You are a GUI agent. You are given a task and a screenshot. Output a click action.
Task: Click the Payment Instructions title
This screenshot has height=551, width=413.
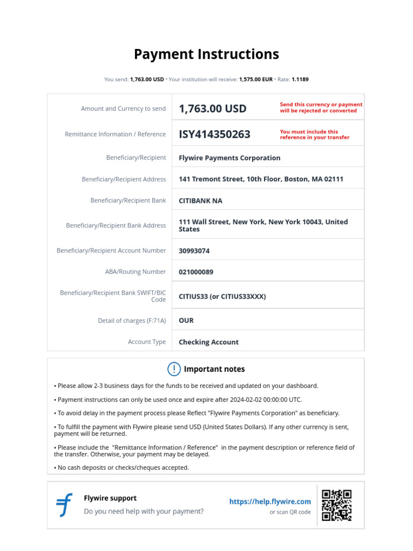tap(206, 54)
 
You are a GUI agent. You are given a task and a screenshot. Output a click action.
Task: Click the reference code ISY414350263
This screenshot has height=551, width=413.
tap(215, 135)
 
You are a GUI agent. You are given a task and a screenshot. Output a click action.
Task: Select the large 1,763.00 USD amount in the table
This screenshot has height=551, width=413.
tap(212, 109)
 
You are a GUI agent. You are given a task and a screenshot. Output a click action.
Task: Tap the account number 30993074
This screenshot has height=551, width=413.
tap(194, 251)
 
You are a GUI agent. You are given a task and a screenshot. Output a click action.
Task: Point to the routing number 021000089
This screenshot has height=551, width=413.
tap(196, 272)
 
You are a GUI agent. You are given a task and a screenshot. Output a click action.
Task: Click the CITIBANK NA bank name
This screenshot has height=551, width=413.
tap(200, 201)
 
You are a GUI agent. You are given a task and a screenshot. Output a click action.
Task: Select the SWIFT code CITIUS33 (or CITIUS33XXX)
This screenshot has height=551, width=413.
tap(222, 296)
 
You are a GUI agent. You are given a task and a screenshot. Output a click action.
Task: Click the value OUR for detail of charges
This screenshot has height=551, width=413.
tap(186, 321)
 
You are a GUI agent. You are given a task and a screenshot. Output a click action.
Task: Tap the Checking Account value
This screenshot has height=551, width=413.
tap(209, 342)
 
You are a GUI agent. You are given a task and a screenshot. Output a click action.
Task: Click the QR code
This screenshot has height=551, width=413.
tap(337, 505)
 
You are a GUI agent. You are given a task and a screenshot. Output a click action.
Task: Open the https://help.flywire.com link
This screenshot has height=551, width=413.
tap(270, 501)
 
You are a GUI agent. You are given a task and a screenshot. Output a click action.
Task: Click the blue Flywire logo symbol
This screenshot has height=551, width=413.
tap(65, 505)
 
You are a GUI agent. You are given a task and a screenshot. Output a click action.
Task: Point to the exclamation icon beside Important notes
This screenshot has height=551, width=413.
tap(174, 369)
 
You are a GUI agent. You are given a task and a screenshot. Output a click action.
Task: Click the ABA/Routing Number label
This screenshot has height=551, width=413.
tap(136, 272)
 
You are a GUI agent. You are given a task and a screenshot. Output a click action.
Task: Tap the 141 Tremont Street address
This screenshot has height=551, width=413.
tap(261, 179)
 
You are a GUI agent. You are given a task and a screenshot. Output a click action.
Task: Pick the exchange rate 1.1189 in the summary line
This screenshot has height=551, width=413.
tap(300, 80)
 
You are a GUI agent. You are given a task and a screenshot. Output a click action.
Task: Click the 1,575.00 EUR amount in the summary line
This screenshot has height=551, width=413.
tap(255, 80)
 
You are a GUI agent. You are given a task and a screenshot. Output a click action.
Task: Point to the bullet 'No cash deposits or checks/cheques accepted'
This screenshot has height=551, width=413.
tap(123, 468)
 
